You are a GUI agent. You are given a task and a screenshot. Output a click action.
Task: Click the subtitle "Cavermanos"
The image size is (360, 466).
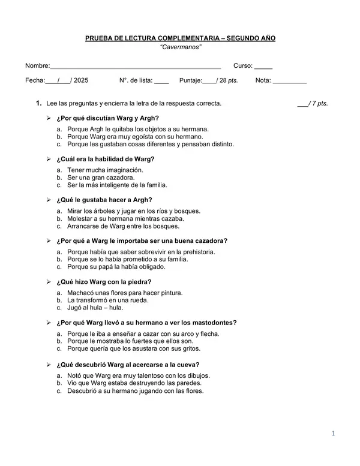(181, 47)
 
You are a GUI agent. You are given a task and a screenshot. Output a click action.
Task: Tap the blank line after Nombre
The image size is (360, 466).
(136, 67)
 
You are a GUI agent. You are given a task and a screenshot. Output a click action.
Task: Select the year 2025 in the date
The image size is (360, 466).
(80, 80)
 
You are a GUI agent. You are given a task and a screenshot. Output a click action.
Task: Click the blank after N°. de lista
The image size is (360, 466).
(161, 80)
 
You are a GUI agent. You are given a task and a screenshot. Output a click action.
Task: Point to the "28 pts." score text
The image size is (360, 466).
(229, 80)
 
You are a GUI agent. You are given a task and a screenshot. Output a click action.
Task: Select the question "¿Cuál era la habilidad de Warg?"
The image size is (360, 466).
(105, 159)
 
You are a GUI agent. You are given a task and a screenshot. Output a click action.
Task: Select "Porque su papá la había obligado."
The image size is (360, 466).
(116, 267)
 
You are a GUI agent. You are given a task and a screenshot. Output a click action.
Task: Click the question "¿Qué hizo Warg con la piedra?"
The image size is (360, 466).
(103, 281)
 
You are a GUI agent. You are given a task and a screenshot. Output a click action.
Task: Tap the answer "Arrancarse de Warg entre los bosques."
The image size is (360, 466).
(123, 226)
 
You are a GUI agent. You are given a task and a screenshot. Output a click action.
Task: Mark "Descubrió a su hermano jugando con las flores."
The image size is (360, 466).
(135, 390)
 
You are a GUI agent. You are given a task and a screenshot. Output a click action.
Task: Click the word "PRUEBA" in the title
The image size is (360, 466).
(100, 38)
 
